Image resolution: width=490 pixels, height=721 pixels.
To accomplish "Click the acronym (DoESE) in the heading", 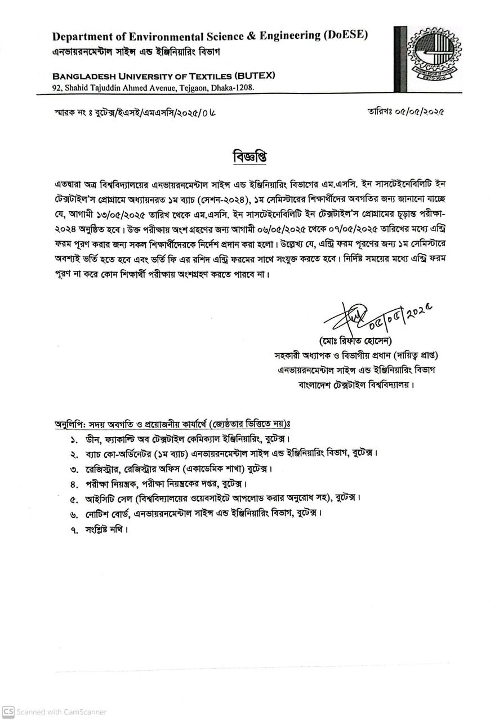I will (x=345, y=36).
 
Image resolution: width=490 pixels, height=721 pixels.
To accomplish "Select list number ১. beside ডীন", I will (x=74, y=439).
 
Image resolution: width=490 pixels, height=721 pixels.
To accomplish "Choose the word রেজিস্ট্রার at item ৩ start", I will (x=105, y=469).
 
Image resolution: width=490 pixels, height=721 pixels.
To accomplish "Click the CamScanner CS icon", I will (x=8, y=711).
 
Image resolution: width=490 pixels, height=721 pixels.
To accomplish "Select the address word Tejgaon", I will (x=194, y=88).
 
